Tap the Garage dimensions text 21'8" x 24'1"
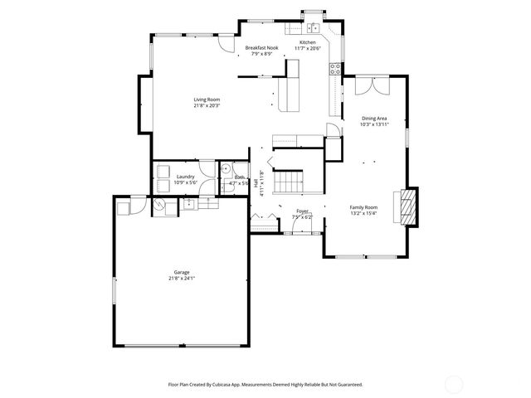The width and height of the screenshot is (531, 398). point(181,278)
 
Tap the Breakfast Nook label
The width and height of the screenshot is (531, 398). point(261,48)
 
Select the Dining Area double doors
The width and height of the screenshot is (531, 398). point(371,86)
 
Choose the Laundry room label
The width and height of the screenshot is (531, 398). point(186,177)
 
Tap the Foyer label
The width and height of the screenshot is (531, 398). point(303,211)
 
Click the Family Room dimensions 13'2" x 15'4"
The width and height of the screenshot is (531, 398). point(363,213)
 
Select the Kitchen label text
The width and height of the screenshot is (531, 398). point(308,42)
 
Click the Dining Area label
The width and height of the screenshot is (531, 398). point(375,119)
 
